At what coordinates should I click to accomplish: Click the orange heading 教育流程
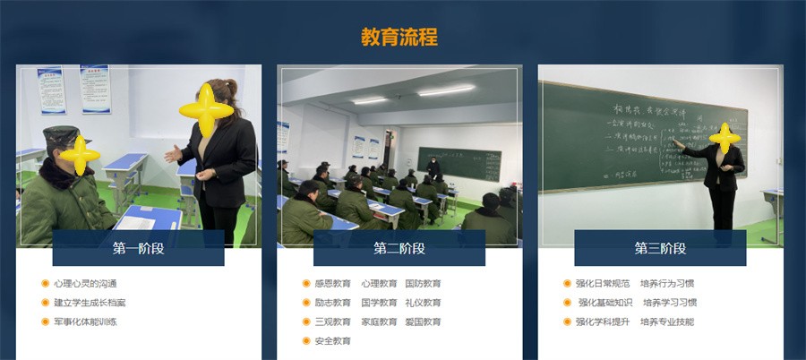[x=399, y=37]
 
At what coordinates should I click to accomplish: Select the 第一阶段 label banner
[x=138, y=248]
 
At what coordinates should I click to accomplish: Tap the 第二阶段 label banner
[x=399, y=248]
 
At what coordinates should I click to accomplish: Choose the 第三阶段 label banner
[x=660, y=248]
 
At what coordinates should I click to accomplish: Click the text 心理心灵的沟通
[x=85, y=284]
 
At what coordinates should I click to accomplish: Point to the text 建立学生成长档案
[x=90, y=303]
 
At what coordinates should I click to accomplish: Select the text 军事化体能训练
[x=85, y=321]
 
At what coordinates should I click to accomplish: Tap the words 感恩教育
[x=332, y=284]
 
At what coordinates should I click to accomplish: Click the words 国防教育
[x=423, y=284]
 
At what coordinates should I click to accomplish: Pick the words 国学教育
[x=379, y=303]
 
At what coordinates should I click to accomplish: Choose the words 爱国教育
[x=423, y=321]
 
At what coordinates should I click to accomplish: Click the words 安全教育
[x=332, y=341]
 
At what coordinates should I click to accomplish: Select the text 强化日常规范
[x=603, y=284]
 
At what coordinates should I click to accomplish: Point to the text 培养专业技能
[x=667, y=321]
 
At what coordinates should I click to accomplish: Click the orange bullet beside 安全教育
[x=306, y=341]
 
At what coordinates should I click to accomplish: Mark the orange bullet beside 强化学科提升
[x=567, y=321]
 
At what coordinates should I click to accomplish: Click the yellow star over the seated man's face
[x=80, y=154]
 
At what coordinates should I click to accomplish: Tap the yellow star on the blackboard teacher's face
[x=724, y=137]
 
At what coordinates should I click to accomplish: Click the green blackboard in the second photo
[x=459, y=162]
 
